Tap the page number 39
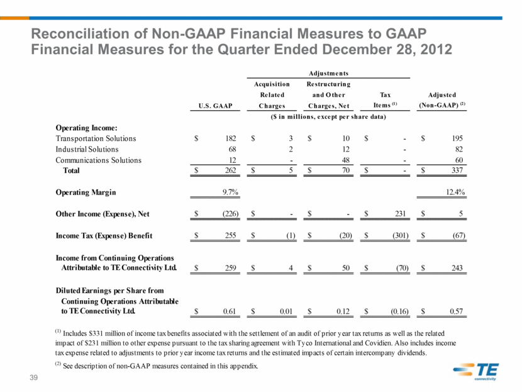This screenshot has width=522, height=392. click(x=33, y=378)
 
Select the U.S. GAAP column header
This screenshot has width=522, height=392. click(x=215, y=106)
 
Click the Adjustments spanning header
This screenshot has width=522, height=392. click(x=328, y=73)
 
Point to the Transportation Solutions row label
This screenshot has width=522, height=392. click(x=96, y=138)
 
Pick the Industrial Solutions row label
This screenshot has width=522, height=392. click(x=87, y=149)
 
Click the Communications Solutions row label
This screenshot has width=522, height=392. click(x=99, y=160)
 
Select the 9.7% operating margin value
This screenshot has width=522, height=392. click(x=230, y=192)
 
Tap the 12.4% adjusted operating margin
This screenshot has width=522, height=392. click(x=455, y=192)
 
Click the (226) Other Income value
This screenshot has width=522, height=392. click(x=230, y=214)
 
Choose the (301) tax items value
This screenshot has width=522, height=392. click(x=400, y=235)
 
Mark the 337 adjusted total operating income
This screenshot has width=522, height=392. click(x=457, y=170)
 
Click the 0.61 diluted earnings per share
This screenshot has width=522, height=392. click(x=230, y=311)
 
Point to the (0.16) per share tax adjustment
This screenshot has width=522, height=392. click(x=399, y=311)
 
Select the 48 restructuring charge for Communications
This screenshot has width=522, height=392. click(x=346, y=160)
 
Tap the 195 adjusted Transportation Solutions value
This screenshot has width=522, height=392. click(x=457, y=138)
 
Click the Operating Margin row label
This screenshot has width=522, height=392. click(x=86, y=193)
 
